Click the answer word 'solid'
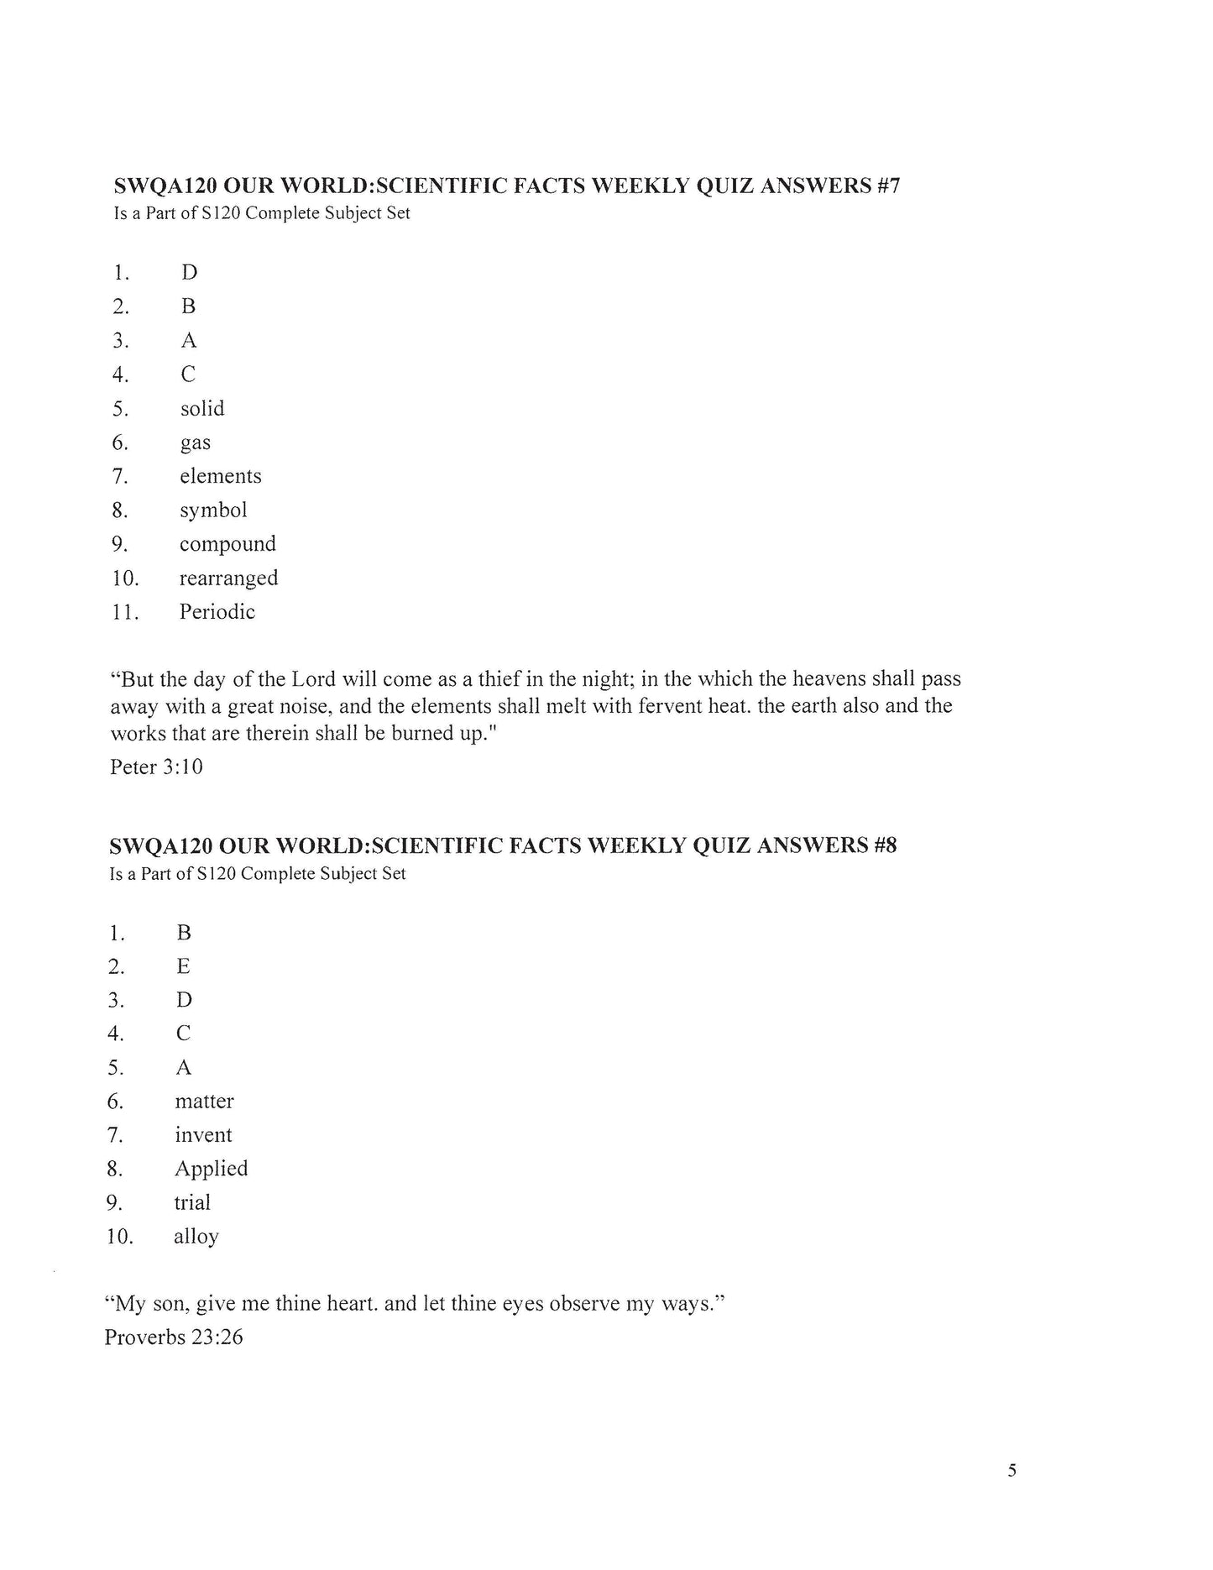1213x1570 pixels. coord(202,409)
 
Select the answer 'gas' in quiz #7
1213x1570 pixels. coord(195,443)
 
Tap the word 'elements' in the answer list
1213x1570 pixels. coord(220,476)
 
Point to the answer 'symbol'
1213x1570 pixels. coord(213,510)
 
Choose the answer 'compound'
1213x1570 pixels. coord(227,544)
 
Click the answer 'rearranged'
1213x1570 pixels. coord(228,578)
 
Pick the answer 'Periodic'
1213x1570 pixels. coord(217,612)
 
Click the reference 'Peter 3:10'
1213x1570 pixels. coord(156,767)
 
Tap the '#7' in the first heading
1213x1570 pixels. coord(888,186)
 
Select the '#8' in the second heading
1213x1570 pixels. coord(885,845)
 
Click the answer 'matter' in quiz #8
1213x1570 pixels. coord(204,1102)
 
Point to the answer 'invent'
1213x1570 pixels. coord(203,1135)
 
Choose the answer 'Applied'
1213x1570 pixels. coord(211,1169)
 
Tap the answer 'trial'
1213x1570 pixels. coord(192,1203)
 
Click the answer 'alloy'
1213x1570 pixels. coord(196,1238)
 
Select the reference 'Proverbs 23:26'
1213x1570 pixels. coord(174,1337)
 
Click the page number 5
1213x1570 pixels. coord(1012,1471)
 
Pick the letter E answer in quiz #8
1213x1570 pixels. coord(183,966)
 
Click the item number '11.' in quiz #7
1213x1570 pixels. coord(124,612)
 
